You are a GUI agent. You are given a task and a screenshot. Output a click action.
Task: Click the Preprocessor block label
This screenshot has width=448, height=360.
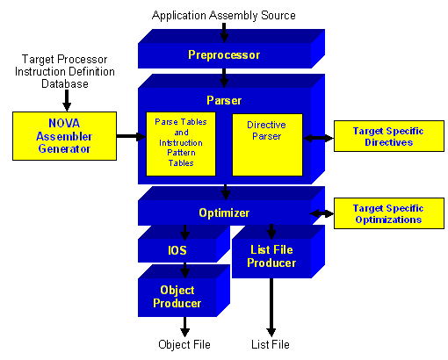pyautogui.click(x=224, y=55)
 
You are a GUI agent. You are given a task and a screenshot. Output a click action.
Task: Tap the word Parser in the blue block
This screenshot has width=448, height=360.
pyautogui.click(x=224, y=100)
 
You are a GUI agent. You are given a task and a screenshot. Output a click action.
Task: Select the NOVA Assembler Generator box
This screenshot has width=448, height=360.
pyautogui.click(x=64, y=136)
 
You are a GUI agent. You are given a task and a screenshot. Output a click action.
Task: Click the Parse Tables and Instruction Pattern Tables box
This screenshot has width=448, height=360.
pyautogui.click(x=181, y=144)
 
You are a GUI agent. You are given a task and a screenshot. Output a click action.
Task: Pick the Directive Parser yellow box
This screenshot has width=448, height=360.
pyautogui.click(x=267, y=145)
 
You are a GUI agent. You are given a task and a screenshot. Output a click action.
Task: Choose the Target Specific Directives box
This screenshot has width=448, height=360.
pyautogui.click(x=389, y=136)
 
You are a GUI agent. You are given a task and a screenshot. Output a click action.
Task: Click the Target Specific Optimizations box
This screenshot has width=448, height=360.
pyautogui.click(x=389, y=213)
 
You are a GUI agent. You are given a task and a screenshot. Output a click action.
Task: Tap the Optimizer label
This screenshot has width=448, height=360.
pyautogui.click(x=224, y=212)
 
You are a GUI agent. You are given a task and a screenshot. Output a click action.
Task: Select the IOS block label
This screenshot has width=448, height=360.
pyautogui.click(x=177, y=250)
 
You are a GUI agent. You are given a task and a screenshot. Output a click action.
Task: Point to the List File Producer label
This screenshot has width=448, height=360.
pyautogui.click(x=271, y=256)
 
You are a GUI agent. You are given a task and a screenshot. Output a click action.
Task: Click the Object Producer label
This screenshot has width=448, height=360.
pyautogui.click(x=177, y=297)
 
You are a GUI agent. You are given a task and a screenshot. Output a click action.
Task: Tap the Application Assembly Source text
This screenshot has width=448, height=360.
pyautogui.click(x=224, y=15)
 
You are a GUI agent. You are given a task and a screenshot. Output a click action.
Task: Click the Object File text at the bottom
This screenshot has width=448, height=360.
pyautogui.click(x=184, y=344)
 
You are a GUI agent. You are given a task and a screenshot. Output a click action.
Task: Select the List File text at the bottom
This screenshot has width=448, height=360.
pyautogui.click(x=271, y=344)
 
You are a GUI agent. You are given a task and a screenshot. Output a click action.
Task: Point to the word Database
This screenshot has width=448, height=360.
pyautogui.click(x=65, y=83)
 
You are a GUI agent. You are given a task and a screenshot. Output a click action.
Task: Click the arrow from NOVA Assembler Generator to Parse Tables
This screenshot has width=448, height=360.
pyautogui.click(x=131, y=136)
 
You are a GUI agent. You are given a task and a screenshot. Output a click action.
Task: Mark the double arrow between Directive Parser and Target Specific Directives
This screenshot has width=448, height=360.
pyautogui.click(x=318, y=138)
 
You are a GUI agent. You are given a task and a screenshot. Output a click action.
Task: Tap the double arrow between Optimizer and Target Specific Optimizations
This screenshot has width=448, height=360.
pyautogui.click(x=322, y=213)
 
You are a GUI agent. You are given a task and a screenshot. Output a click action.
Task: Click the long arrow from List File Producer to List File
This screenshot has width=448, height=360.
pyautogui.click(x=271, y=307)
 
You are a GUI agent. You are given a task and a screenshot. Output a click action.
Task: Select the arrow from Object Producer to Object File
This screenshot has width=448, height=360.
pyautogui.click(x=184, y=327)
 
